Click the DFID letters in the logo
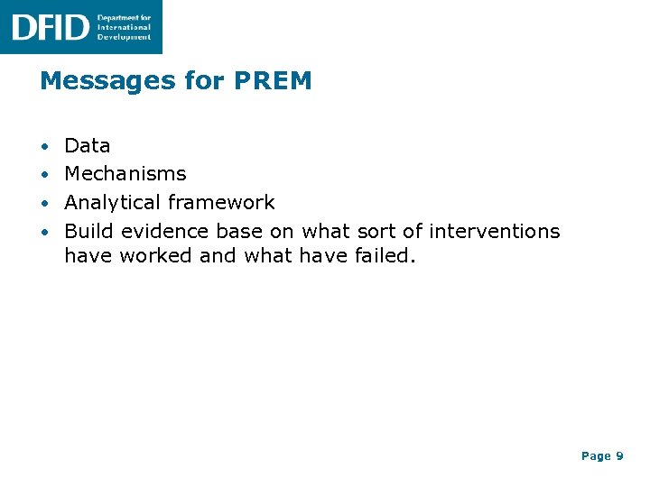pyautogui.click(x=50, y=27)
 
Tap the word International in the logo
pyautogui.click(x=125, y=27)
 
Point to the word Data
pyautogui.click(x=88, y=145)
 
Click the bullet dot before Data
pyautogui.click(x=45, y=146)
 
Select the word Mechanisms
pyautogui.click(x=125, y=173)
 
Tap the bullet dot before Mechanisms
pyautogui.click(x=45, y=174)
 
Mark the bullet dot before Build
pyautogui.click(x=45, y=232)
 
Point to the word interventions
pyautogui.click(x=494, y=231)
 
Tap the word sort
pyautogui.click(x=376, y=231)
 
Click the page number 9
pyautogui.click(x=619, y=456)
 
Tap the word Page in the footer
pyautogui.click(x=596, y=456)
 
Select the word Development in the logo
pyautogui.click(x=125, y=37)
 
